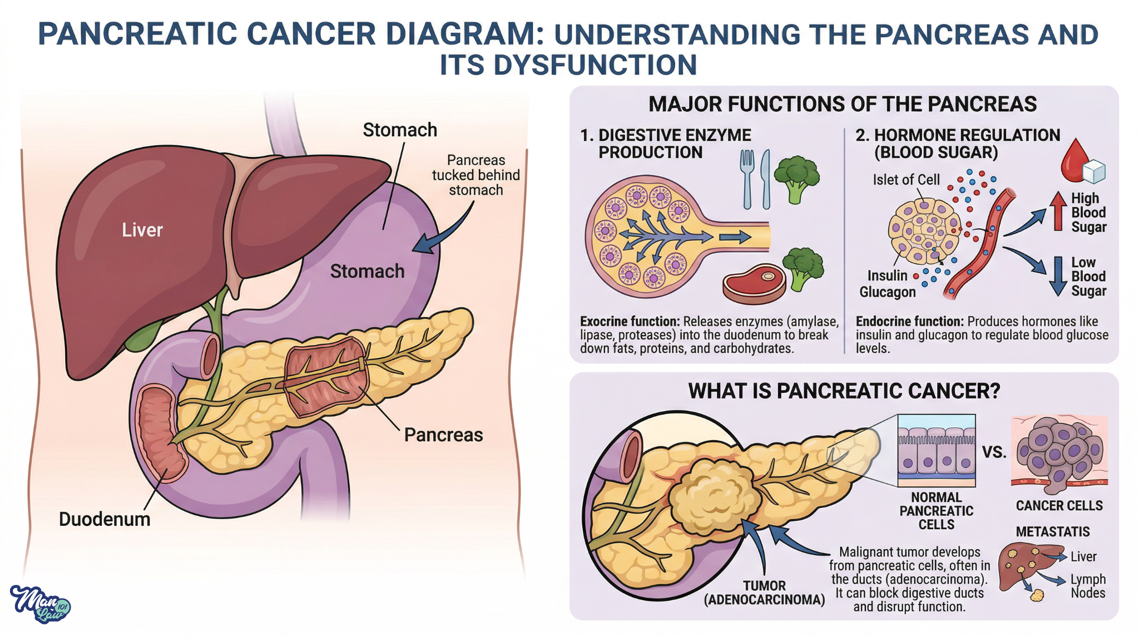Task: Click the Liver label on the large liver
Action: (x=142, y=230)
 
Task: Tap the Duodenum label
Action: (x=105, y=519)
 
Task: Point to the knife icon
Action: (x=766, y=179)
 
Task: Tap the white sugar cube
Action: (x=1094, y=171)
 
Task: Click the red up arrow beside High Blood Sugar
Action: (x=1058, y=211)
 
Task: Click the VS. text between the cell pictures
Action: (x=994, y=452)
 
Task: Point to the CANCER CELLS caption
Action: (x=1059, y=506)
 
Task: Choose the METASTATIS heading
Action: (x=1053, y=532)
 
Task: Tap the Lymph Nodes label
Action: (x=1088, y=586)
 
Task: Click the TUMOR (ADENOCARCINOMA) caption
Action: (x=764, y=593)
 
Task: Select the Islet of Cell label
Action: (x=906, y=180)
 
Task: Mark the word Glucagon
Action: (x=888, y=292)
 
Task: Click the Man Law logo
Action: (x=40, y=604)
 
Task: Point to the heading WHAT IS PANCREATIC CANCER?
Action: (x=844, y=391)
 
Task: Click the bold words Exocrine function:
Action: (x=630, y=322)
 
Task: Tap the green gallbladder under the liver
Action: (x=143, y=337)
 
